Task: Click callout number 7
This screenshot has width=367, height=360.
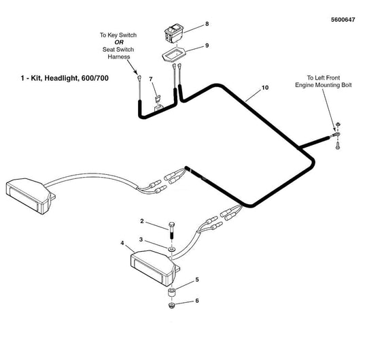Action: [x=152, y=80]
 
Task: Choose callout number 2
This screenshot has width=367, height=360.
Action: [x=143, y=222]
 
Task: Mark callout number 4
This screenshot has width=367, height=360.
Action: [x=122, y=243]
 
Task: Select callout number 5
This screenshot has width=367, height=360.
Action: [x=197, y=280]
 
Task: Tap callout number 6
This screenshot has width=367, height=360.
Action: [x=197, y=301]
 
